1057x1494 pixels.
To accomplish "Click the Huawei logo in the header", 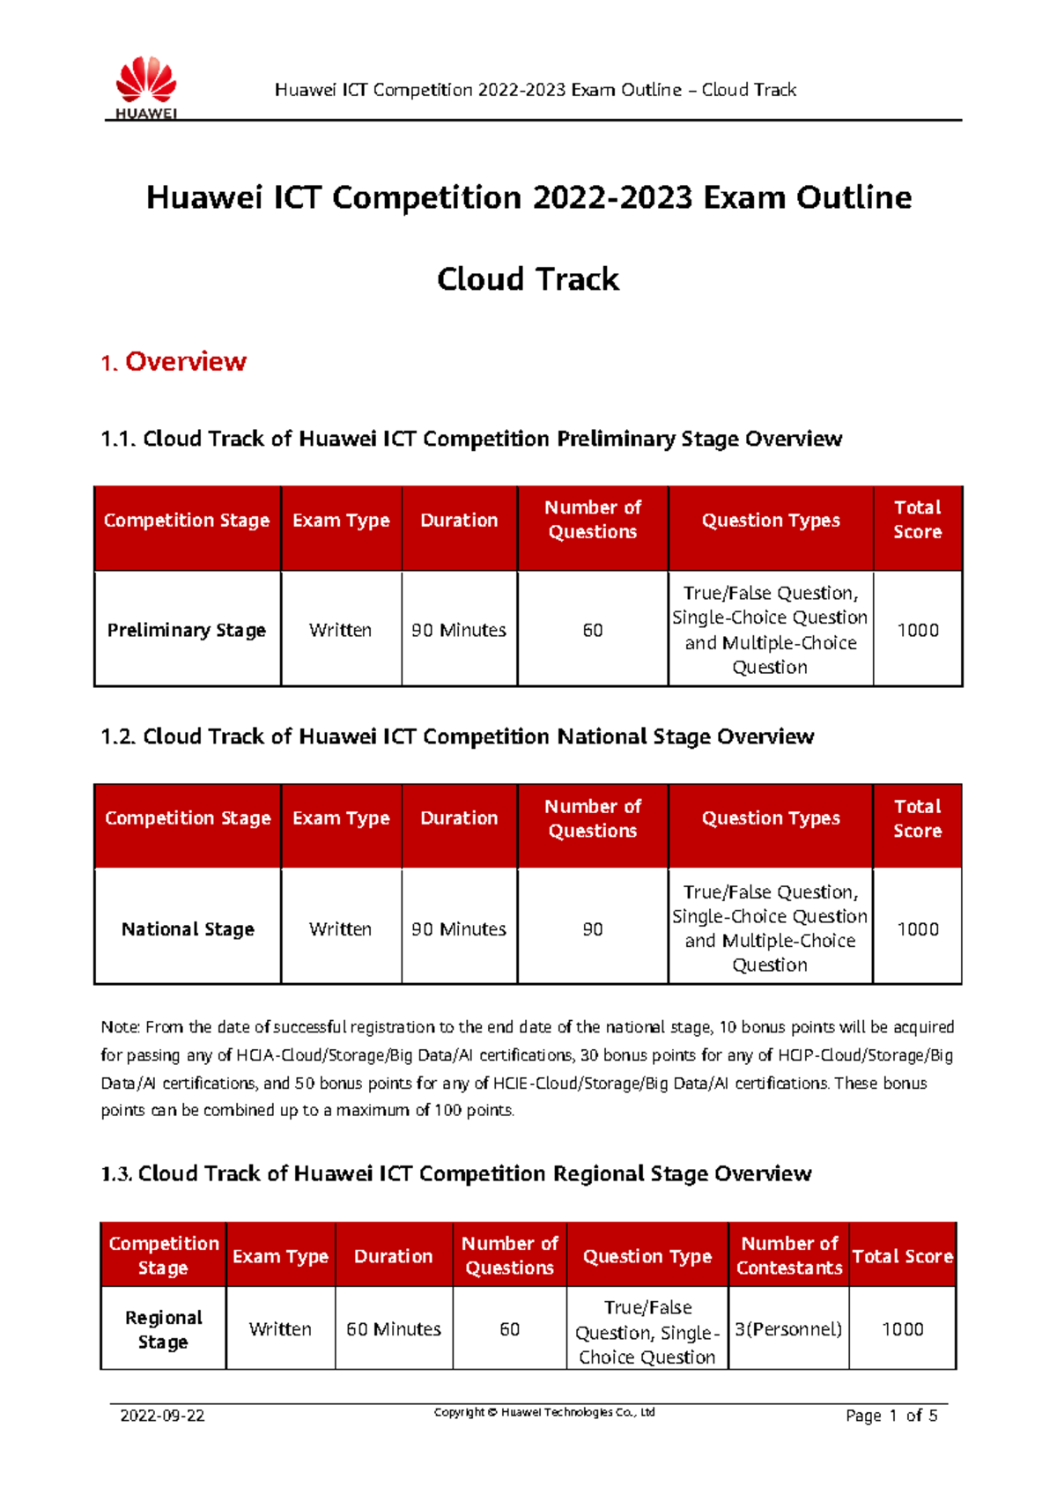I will coord(146,87).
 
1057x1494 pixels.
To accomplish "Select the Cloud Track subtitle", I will coord(528,279).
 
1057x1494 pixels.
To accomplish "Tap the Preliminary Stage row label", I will coord(187,630).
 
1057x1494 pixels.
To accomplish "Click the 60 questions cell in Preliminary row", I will coord(593,630).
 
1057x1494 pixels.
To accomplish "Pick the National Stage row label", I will coord(188,928).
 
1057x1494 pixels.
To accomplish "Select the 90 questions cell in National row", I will coord(593,928).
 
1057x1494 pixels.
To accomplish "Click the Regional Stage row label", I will coord(164,1329).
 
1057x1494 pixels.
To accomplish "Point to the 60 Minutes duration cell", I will coord(394,1328).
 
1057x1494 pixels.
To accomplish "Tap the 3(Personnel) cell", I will coord(788,1328).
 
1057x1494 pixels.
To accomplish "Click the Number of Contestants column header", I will coord(789,1255).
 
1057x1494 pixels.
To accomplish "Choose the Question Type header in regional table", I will coord(647,1256).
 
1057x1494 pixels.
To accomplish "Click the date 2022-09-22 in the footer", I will coord(162,1416).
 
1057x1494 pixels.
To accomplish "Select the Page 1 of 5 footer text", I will coord(891,1416).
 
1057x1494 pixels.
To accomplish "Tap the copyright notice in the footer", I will coord(544,1412).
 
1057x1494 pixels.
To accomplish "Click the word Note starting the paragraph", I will coord(120,1027).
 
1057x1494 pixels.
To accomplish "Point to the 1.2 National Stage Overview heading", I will coord(457,736).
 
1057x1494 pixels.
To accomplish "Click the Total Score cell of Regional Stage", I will coord(902,1328).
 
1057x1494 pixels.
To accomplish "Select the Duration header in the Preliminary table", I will coord(459,520).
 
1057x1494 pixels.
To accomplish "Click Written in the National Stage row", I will coord(340,928).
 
